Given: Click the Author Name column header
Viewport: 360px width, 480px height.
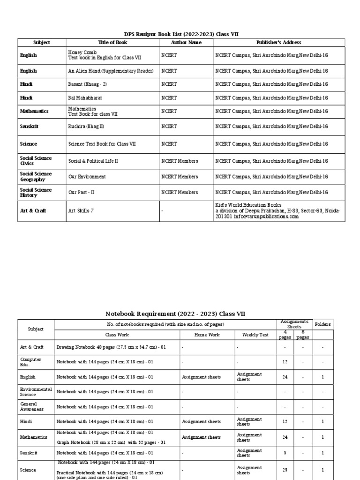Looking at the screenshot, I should [186, 43].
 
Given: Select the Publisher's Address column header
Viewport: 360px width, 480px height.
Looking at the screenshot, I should [278, 43].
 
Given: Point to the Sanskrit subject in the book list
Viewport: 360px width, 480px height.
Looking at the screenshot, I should [29, 127].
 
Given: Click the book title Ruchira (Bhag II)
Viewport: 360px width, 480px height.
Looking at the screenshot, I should [86, 127].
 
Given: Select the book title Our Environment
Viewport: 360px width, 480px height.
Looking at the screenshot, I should [87, 177].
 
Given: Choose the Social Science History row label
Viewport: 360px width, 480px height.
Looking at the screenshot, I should [36, 192].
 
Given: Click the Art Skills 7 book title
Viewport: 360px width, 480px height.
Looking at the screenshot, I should [81, 211].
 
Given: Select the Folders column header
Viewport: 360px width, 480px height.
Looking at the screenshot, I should [322, 324].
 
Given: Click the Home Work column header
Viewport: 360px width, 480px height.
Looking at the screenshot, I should [207, 335].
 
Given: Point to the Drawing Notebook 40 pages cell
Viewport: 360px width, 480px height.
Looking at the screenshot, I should [112, 348].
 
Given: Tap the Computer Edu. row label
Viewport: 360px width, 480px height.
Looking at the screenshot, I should [30, 362].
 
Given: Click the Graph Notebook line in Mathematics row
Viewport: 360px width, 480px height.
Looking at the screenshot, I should [111, 442].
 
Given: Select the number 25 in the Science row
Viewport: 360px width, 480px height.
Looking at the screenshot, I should [285, 470].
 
